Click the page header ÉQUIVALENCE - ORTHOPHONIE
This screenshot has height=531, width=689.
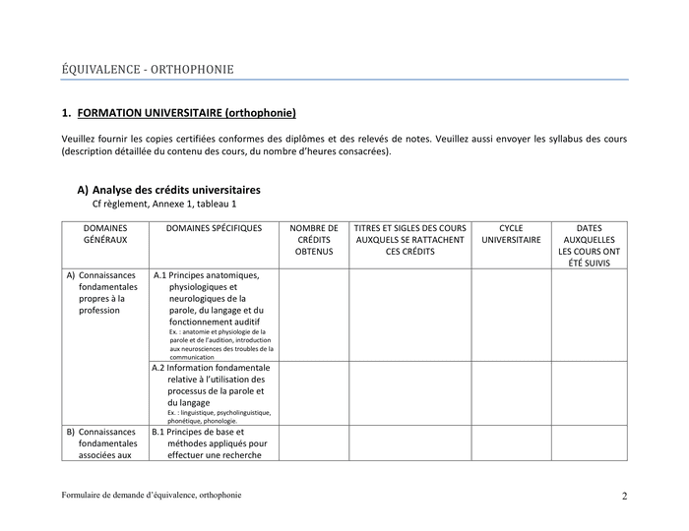tap(148, 69)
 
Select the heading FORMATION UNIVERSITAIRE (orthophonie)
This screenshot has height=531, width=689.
tap(186, 113)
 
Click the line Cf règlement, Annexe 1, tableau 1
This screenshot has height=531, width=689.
tap(164, 204)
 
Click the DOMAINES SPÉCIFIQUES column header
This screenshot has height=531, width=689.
tap(215, 228)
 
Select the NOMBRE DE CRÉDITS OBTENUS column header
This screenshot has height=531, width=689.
tap(314, 240)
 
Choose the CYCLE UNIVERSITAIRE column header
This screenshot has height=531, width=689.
tap(511, 234)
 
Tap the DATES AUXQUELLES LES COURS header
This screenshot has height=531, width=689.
tap(589, 246)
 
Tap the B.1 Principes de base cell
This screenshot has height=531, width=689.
tap(215, 442)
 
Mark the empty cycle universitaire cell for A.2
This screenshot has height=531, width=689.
tap(511, 393)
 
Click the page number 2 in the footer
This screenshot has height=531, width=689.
tap(624, 496)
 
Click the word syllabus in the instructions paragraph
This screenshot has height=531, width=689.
tap(557, 139)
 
